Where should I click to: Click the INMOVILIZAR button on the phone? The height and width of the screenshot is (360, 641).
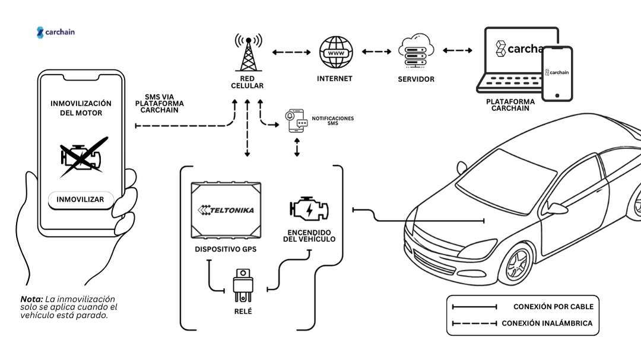pos(80,199)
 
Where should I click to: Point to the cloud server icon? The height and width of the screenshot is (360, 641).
pos(416,52)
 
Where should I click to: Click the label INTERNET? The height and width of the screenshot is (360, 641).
pos(335,78)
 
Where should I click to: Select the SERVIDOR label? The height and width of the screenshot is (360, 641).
pos(416,79)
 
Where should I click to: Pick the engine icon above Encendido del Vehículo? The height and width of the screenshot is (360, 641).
pos(309,209)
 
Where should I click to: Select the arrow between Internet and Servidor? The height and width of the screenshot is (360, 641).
pos(376,52)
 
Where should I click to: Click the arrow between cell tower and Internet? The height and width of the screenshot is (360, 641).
pos(291,52)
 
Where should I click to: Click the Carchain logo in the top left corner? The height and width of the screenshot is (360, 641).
pos(56,33)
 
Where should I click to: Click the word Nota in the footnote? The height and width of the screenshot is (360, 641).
pos(31,299)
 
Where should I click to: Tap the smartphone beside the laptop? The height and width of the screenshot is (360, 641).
pos(558,73)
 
